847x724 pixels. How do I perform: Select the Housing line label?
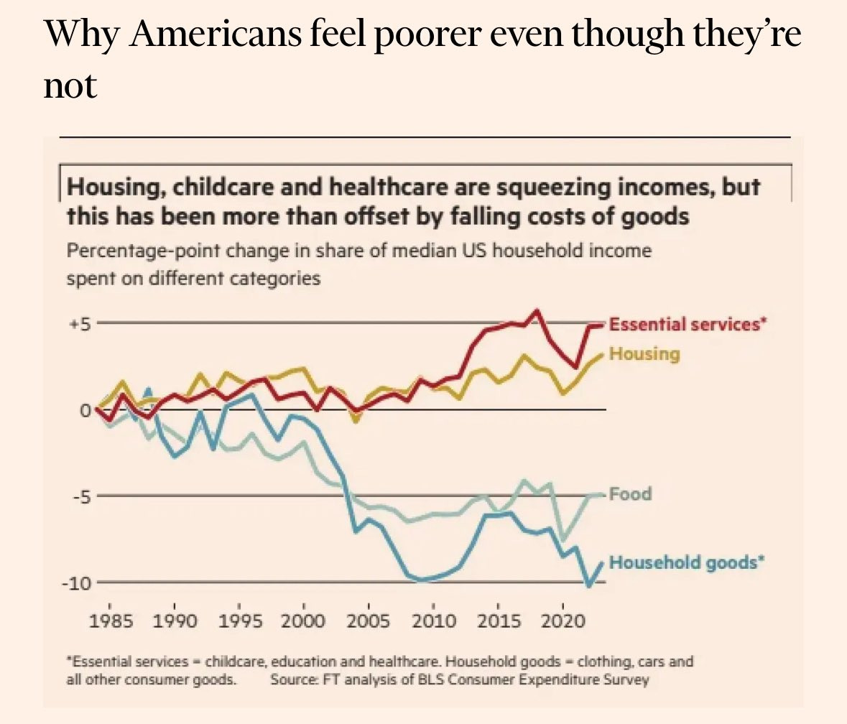pos(644,353)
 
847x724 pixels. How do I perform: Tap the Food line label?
pos(630,494)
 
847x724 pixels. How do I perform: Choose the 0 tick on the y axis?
pos(85,410)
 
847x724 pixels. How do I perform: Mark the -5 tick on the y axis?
pos(79,496)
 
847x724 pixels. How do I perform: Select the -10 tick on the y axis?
pos(76,583)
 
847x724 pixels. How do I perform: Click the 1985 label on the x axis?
pos(111,620)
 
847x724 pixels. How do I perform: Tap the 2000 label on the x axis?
pos(304,620)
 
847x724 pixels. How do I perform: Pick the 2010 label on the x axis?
pos(433,620)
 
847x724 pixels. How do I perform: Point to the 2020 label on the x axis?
pos(563,620)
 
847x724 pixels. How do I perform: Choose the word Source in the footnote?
pos(290,679)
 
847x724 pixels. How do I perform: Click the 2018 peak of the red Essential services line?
pos(537,312)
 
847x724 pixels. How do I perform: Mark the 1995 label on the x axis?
pos(239,620)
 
